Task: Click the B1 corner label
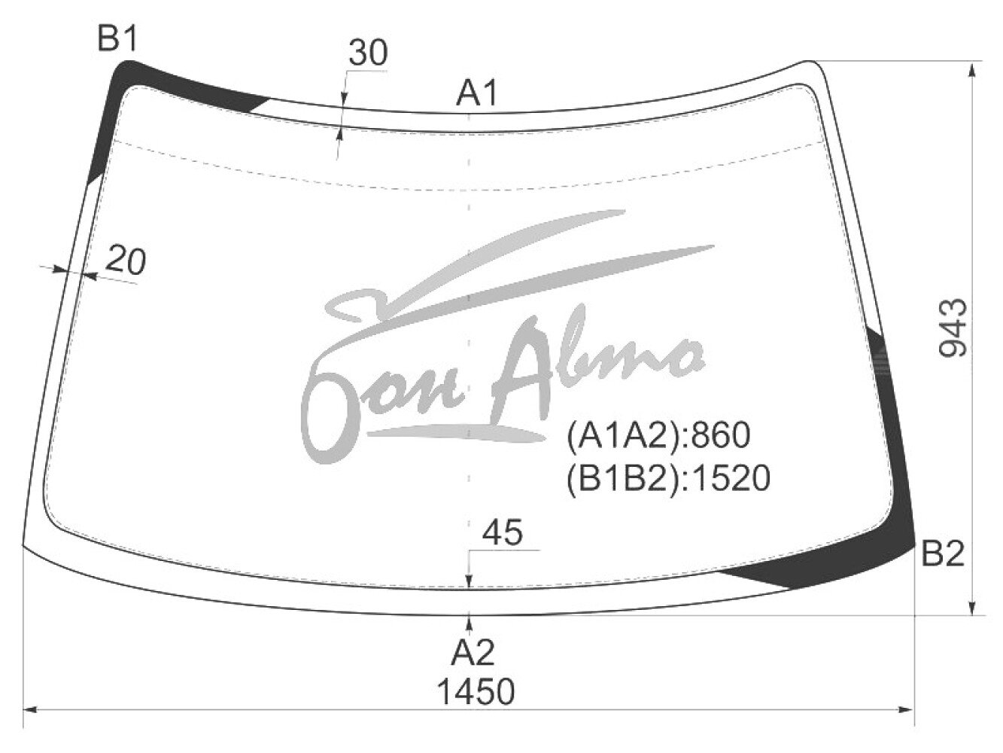pos(117,39)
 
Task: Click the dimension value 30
pos(368,53)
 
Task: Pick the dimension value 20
pos(126,261)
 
